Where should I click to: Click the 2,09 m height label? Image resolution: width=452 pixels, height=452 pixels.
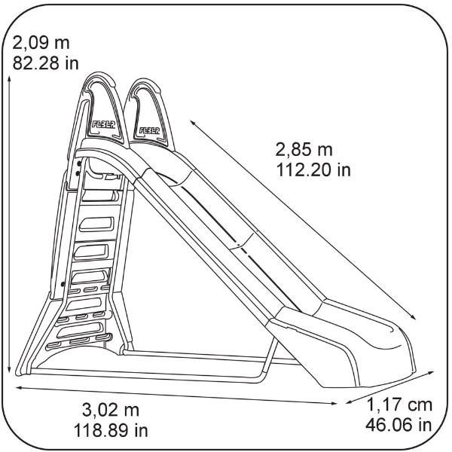[41, 43]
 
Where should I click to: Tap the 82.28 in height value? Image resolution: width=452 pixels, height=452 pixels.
[45, 63]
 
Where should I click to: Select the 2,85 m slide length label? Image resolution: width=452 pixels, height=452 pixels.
[304, 150]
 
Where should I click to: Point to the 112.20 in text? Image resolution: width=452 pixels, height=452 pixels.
[313, 170]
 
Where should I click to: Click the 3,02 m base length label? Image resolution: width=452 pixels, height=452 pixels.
[111, 410]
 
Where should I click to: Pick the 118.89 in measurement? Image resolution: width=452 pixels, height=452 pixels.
[111, 430]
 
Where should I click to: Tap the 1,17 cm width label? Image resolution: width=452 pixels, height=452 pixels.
[399, 405]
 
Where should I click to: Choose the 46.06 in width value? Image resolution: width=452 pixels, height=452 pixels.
[399, 425]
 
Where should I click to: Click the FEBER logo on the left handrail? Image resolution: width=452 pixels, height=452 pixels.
[104, 124]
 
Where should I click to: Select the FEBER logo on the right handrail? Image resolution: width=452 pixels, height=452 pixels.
[149, 130]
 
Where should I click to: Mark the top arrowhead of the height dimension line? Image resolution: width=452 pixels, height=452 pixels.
[10, 78]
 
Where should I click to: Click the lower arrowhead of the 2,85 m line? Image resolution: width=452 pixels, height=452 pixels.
[413, 316]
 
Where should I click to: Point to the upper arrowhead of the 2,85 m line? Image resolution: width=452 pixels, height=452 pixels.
[193, 123]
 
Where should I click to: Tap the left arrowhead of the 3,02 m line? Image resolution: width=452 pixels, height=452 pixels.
[19, 388]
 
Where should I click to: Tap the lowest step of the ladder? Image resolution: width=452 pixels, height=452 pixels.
[78, 341]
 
